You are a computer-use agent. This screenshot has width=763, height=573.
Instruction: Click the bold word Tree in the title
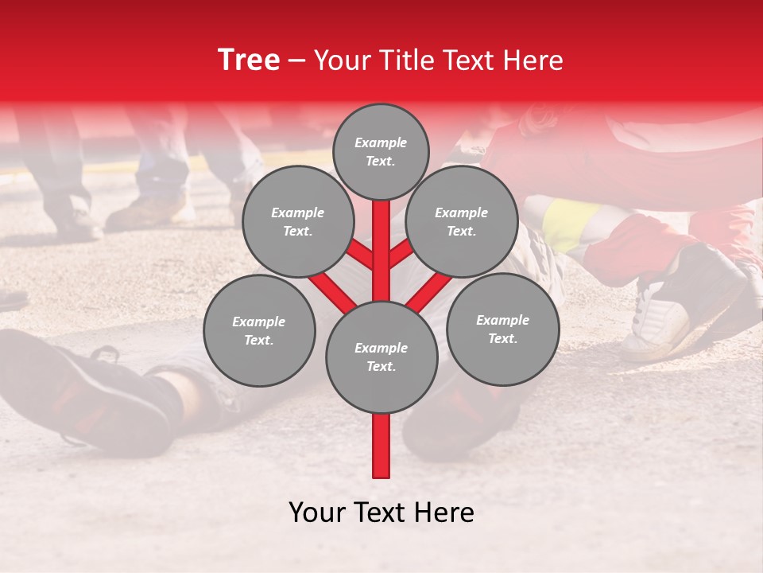249,60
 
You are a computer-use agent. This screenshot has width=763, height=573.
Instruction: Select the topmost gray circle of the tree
381,151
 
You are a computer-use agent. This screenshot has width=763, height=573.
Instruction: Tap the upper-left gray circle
297,221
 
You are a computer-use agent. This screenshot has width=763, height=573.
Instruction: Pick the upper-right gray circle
462,221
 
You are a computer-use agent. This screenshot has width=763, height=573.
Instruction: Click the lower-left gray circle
259,330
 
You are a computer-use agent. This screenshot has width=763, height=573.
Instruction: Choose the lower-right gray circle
502,329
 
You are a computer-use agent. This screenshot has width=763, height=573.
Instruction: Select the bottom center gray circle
381,357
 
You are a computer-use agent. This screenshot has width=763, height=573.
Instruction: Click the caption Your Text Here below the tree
381,513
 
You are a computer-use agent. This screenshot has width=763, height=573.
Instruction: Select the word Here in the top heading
533,60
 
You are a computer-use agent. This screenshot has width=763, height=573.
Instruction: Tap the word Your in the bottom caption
316,513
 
